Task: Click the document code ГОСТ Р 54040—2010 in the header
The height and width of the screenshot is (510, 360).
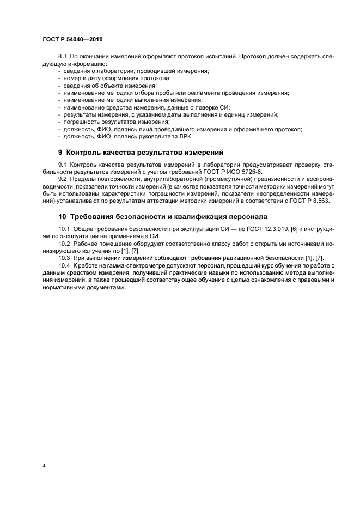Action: tap(72, 40)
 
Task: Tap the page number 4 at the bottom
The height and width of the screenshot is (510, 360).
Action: tap(43, 466)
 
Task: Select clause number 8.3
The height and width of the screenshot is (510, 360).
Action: tap(63, 57)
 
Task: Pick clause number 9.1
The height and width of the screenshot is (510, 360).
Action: tap(63, 164)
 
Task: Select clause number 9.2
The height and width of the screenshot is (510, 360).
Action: tap(63, 179)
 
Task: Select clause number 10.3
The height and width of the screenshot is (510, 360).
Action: tap(65, 257)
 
